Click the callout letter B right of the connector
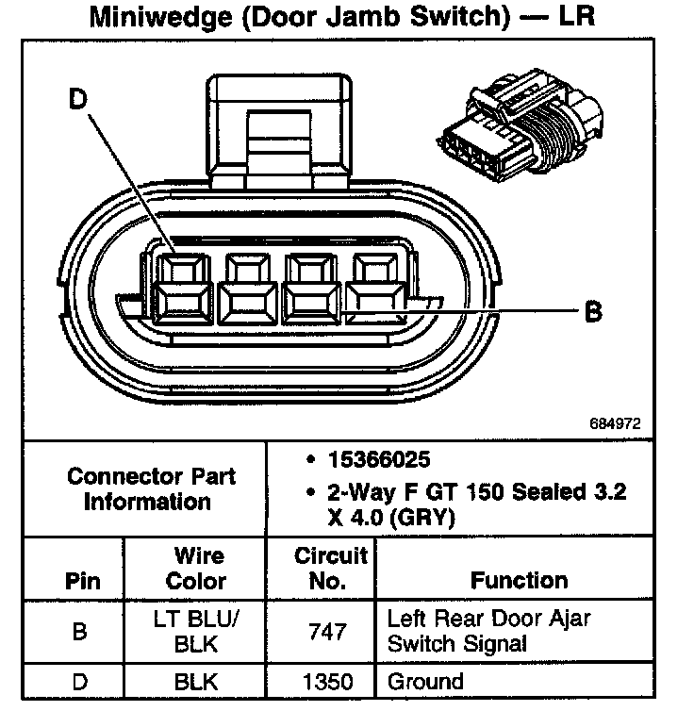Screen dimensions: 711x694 coord(593,310)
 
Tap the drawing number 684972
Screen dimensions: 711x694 coord(615,424)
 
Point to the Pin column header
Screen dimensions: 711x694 coord(82,581)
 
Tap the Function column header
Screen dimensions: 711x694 coord(519,581)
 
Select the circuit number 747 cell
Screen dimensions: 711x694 coord(326,631)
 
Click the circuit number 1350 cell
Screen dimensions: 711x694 coord(326,681)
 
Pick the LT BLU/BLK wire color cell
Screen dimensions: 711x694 coord(196,631)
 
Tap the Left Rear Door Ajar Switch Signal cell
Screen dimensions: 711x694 coord(488,631)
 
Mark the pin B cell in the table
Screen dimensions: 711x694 coord(81,631)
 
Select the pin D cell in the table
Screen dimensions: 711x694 coord(81,681)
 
